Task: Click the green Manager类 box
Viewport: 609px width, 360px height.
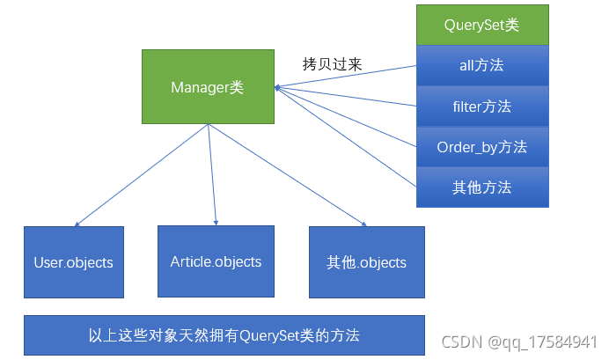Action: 208,86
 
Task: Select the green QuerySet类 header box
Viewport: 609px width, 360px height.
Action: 482,25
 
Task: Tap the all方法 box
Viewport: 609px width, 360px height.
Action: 482,65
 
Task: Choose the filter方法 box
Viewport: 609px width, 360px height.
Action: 482,107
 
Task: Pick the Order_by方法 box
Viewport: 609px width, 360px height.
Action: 482,147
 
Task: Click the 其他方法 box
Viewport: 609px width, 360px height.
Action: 482,187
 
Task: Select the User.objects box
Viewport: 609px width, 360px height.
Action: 74,262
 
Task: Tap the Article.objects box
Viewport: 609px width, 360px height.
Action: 216,261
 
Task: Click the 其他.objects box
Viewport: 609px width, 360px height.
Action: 366,262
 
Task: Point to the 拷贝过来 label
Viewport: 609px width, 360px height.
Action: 332,65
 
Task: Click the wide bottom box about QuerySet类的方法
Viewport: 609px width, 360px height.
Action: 224,335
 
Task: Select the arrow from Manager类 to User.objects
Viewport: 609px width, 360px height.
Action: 141,175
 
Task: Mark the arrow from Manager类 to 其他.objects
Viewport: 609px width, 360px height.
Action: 286,175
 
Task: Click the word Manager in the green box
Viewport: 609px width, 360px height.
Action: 199,86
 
